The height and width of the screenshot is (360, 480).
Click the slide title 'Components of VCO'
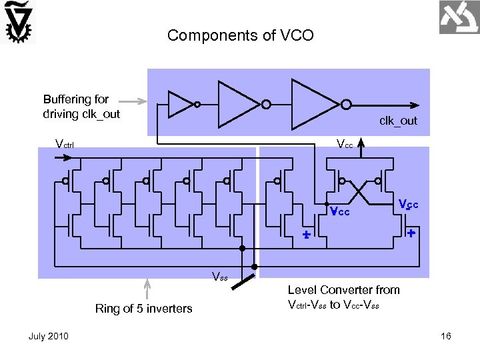[240, 35]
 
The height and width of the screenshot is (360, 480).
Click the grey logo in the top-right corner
[458, 18]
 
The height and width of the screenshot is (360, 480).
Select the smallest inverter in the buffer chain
[181, 104]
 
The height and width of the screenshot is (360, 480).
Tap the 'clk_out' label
[398, 121]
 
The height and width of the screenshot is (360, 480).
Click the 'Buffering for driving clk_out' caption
[81, 107]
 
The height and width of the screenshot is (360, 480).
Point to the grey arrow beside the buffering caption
[137, 102]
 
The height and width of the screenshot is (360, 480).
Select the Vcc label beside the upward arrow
[345, 144]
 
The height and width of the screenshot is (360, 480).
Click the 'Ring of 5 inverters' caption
[143, 308]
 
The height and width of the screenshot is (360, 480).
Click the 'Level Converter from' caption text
[343, 289]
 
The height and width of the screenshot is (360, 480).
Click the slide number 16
[446, 336]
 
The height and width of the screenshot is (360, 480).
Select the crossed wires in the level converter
[361, 193]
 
